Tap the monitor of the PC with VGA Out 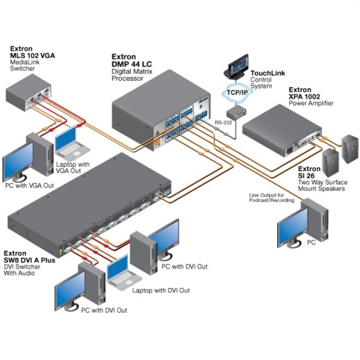tap(19, 159)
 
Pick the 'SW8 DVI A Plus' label tap(29, 260)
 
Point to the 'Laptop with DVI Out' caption tap(161, 291)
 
